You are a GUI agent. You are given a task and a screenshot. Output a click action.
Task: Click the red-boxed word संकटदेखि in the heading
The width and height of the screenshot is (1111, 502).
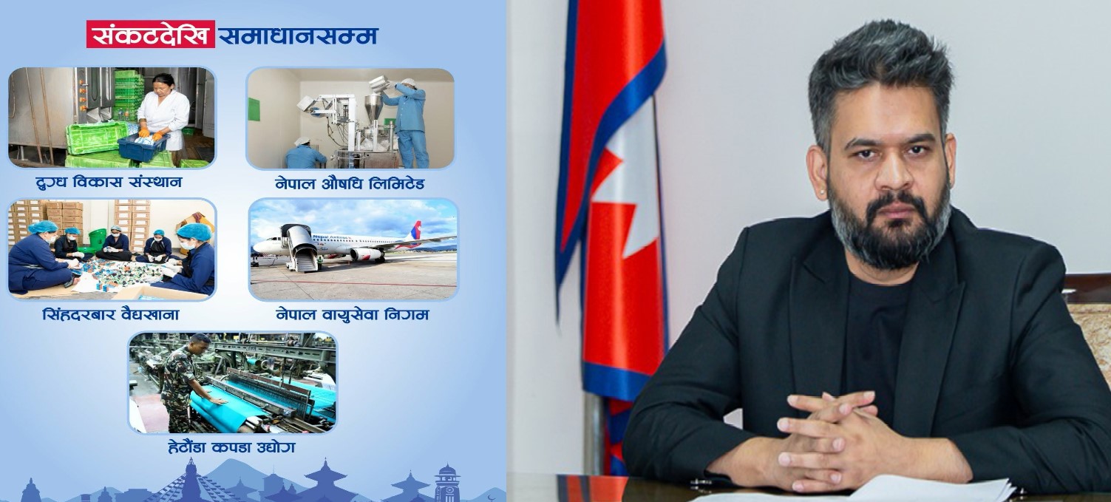150,34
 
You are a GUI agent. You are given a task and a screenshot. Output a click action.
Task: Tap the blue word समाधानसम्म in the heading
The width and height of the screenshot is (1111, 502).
298,35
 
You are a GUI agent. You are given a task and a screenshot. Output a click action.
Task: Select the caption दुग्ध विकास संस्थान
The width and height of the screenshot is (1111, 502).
109,182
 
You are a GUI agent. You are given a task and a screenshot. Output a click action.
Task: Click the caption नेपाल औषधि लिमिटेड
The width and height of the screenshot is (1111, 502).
350,183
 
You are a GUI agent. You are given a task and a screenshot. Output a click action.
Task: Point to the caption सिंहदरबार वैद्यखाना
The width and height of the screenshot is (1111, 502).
111,314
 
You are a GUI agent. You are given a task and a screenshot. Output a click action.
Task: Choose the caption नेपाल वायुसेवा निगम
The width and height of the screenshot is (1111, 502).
353,314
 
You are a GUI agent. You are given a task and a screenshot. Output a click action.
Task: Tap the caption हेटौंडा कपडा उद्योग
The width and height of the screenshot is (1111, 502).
231,447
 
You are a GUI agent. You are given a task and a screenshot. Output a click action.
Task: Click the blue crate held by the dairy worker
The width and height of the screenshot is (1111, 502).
143,146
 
